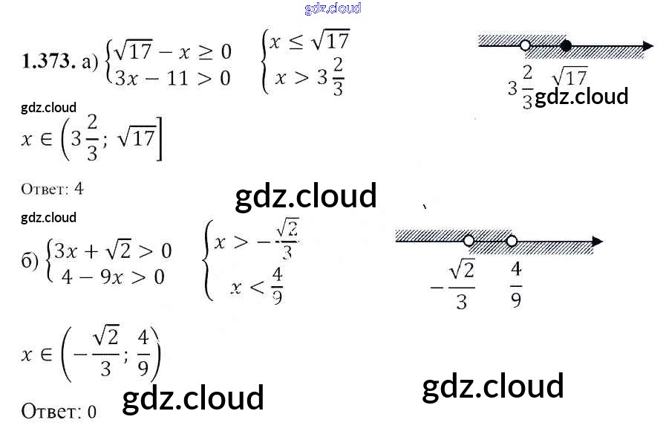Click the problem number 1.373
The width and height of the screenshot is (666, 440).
point(49,62)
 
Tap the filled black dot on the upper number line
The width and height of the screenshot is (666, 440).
point(566,46)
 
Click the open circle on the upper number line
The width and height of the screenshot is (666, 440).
point(526,46)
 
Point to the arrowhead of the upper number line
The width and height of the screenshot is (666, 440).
point(647,46)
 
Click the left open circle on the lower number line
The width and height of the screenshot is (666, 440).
point(469,241)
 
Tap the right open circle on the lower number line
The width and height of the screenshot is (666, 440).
point(512,241)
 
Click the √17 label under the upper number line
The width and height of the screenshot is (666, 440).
point(569,76)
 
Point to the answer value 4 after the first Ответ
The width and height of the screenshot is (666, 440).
point(79,189)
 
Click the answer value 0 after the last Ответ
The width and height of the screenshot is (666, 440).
point(92,412)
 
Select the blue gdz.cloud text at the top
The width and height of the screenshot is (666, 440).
point(333,8)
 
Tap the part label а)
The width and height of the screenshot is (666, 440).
point(91,63)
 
